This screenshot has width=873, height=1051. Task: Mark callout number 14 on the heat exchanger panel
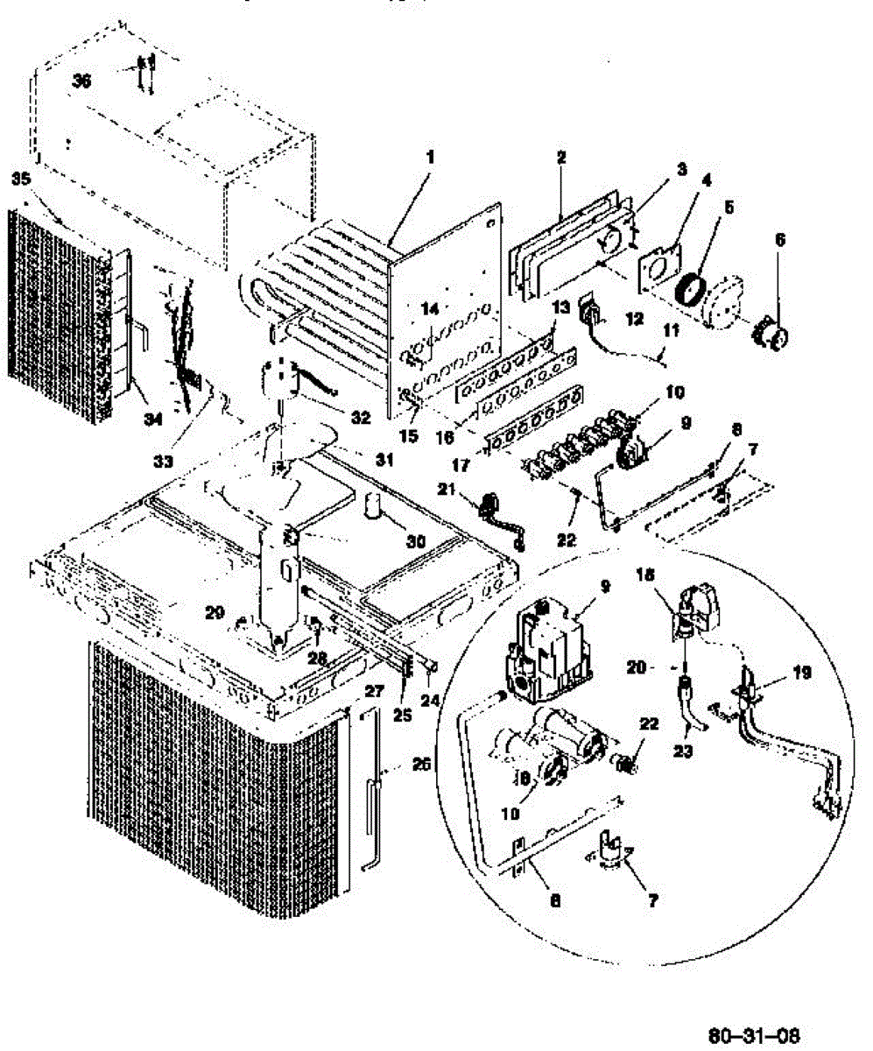429,307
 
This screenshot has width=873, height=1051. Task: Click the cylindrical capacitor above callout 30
374,507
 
